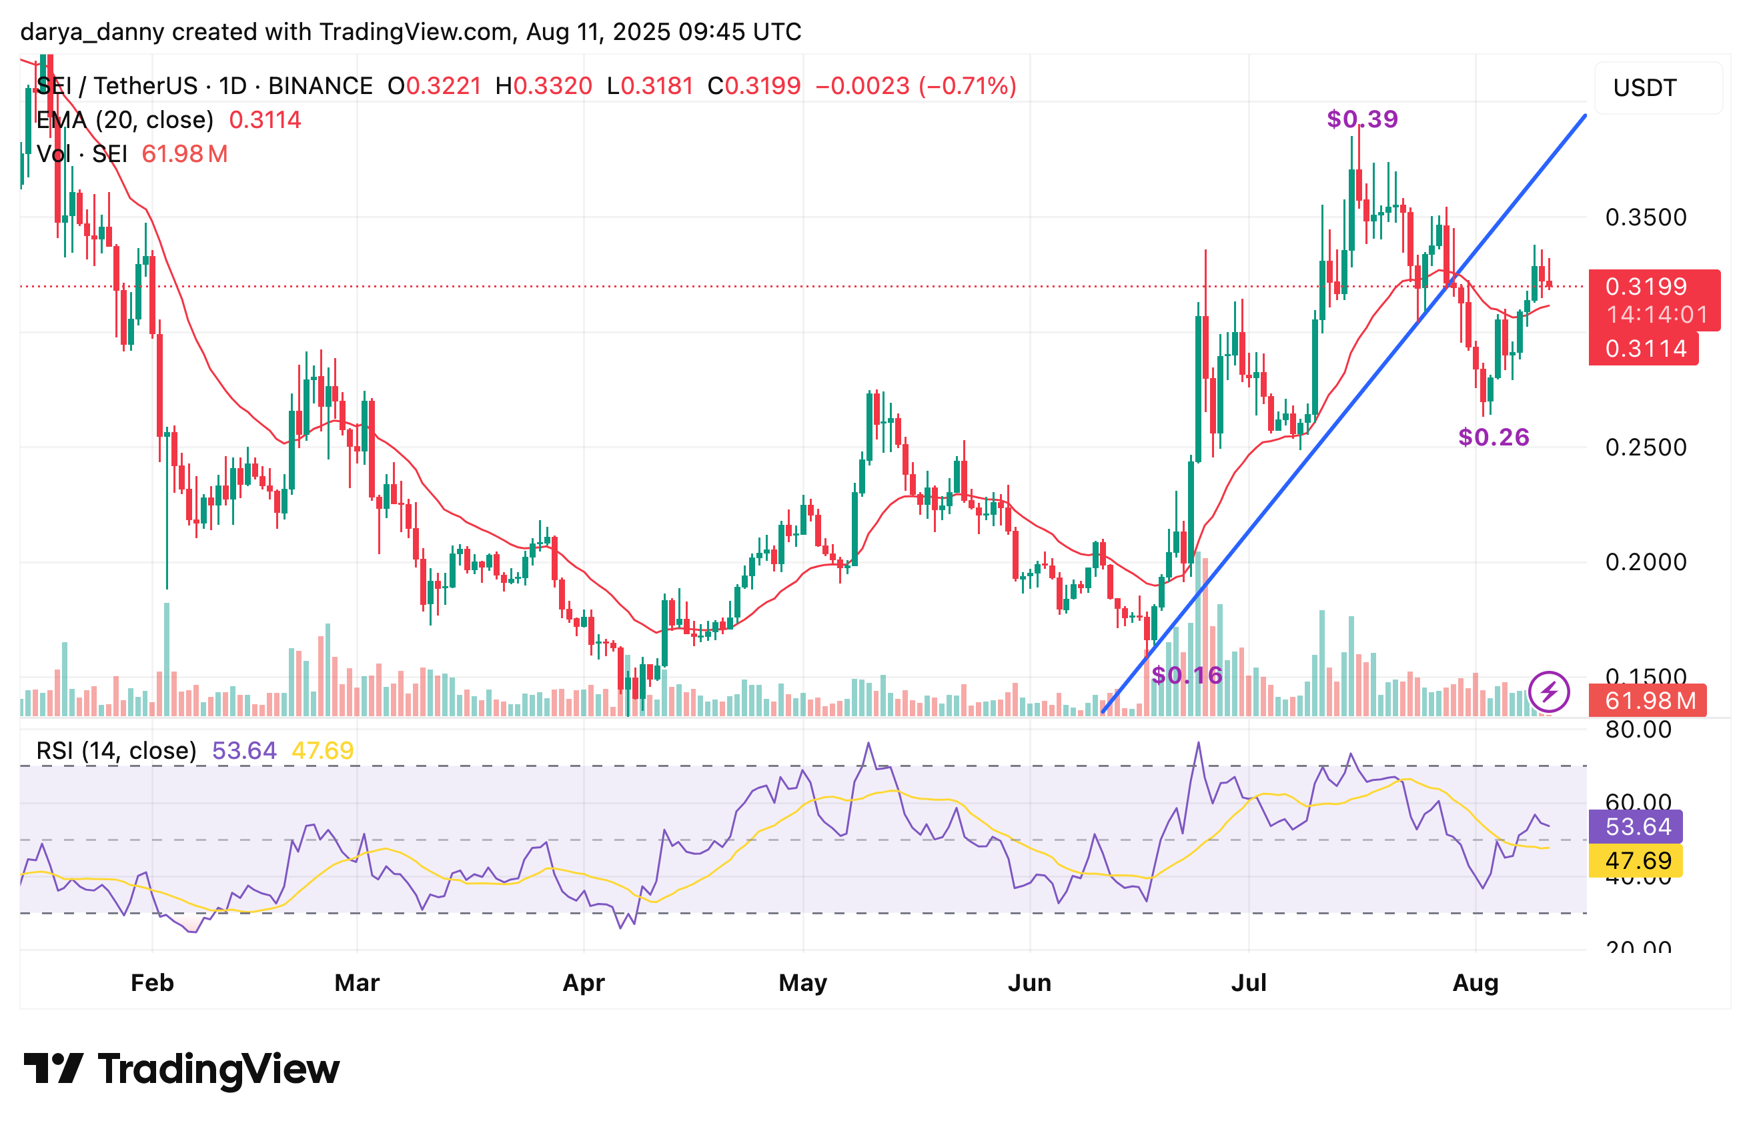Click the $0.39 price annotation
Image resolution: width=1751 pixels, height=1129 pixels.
pos(1361,119)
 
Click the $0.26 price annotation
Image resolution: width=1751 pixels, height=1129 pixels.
pos(1493,437)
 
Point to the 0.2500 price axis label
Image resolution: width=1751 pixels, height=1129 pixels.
pos(1646,447)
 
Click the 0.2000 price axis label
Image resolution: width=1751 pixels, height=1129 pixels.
pos(1646,562)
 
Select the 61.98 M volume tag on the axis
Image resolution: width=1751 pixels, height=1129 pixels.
pos(1647,701)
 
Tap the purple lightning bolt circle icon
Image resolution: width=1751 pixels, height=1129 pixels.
pos(1549,692)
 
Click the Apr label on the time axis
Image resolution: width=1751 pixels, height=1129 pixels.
pos(583,982)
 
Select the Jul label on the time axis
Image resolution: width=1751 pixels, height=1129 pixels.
pos(1248,982)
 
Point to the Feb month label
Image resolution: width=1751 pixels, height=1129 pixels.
pos(152,982)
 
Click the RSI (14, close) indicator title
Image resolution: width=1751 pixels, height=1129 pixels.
pos(116,751)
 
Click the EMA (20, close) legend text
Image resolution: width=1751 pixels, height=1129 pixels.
pos(125,119)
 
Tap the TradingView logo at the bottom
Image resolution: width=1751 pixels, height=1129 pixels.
pos(181,1069)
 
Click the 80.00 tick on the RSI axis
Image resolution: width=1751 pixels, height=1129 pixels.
pos(1638,730)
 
